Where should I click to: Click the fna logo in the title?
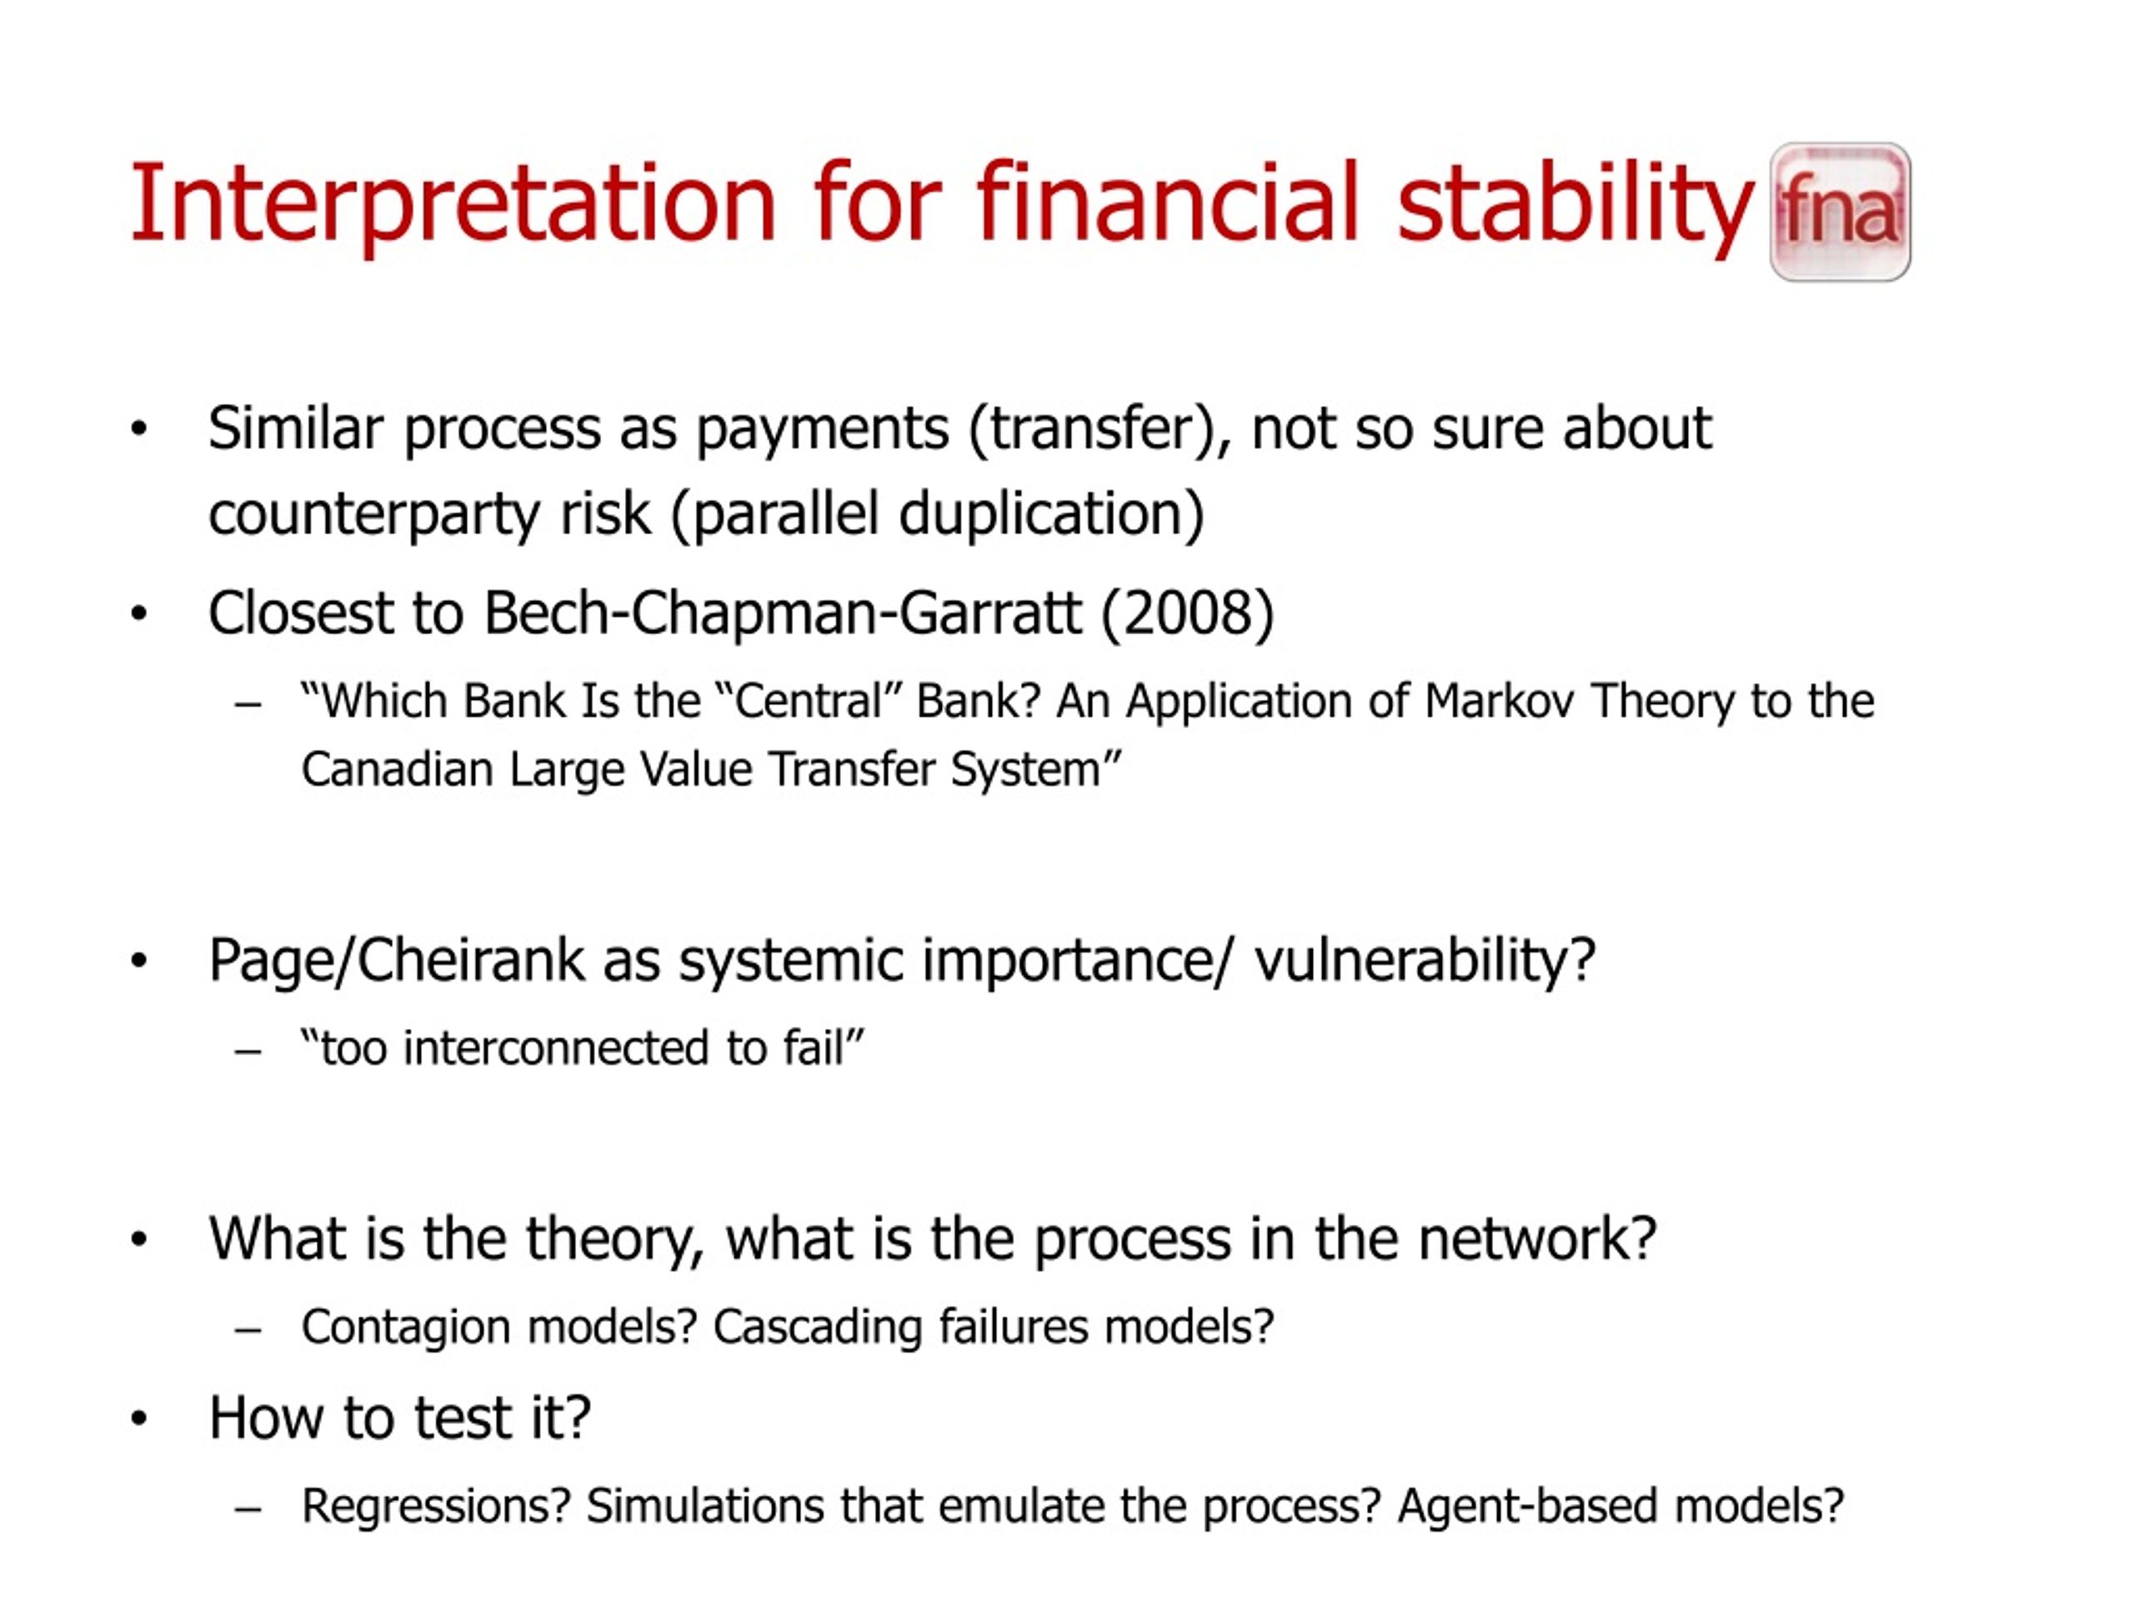(1840, 212)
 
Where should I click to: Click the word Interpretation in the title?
(453, 204)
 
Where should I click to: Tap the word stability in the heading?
(1575, 204)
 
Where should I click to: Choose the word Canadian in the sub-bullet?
(398, 770)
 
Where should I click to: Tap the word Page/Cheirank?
(397, 961)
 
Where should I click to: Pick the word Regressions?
(436, 1507)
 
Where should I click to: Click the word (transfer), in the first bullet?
(1100, 429)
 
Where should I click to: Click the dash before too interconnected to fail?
(248, 1051)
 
